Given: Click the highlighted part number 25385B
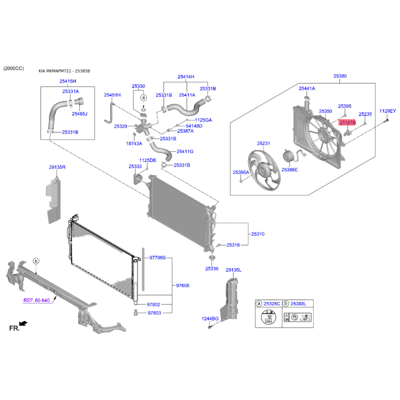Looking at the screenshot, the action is (x=347, y=122).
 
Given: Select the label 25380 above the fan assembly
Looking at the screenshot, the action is (x=340, y=76).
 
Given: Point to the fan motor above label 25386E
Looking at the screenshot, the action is (x=288, y=156).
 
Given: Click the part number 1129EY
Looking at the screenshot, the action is (x=387, y=111).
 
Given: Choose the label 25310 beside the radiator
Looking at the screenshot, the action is (x=257, y=234).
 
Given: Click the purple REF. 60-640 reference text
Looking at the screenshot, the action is (x=36, y=300).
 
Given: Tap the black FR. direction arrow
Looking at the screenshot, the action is (x=23, y=323).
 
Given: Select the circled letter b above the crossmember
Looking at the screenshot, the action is (x=36, y=261).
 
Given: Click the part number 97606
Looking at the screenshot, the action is (x=182, y=285).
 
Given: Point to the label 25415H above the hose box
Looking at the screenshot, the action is (x=68, y=81).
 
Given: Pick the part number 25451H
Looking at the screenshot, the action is (x=112, y=95).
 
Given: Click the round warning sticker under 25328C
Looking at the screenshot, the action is (x=268, y=317).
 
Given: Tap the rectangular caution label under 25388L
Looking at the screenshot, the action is (x=297, y=317).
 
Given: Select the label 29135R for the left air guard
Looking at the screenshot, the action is (x=57, y=167).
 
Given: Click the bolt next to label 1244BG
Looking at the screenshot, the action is (x=209, y=327).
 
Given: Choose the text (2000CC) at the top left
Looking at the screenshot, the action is (x=13, y=68).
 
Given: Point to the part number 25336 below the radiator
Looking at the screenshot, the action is (x=211, y=268).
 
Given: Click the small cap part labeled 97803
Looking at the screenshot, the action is (x=135, y=312).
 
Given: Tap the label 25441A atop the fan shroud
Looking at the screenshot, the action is (x=307, y=88).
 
